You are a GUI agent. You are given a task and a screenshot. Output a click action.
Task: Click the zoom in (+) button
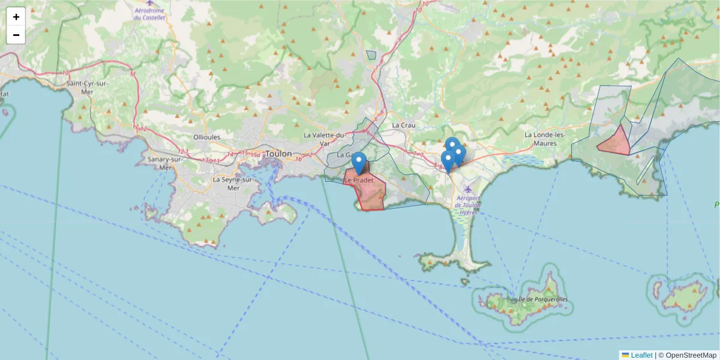[x=16, y=17]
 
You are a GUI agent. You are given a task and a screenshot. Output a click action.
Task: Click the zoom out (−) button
[x=16, y=35]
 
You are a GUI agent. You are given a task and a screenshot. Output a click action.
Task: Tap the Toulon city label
[x=278, y=154]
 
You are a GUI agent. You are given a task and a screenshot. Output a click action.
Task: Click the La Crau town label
[x=403, y=125]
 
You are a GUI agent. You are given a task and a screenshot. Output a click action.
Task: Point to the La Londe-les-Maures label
[x=545, y=139]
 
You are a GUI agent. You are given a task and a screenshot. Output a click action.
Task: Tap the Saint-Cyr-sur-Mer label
[x=88, y=88]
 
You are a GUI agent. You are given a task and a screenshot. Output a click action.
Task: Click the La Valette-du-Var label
[x=325, y=139]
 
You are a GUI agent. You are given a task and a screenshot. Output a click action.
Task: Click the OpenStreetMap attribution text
[x=691, y=355]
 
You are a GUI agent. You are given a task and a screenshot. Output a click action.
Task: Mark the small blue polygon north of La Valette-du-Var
[x=371, y=55]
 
